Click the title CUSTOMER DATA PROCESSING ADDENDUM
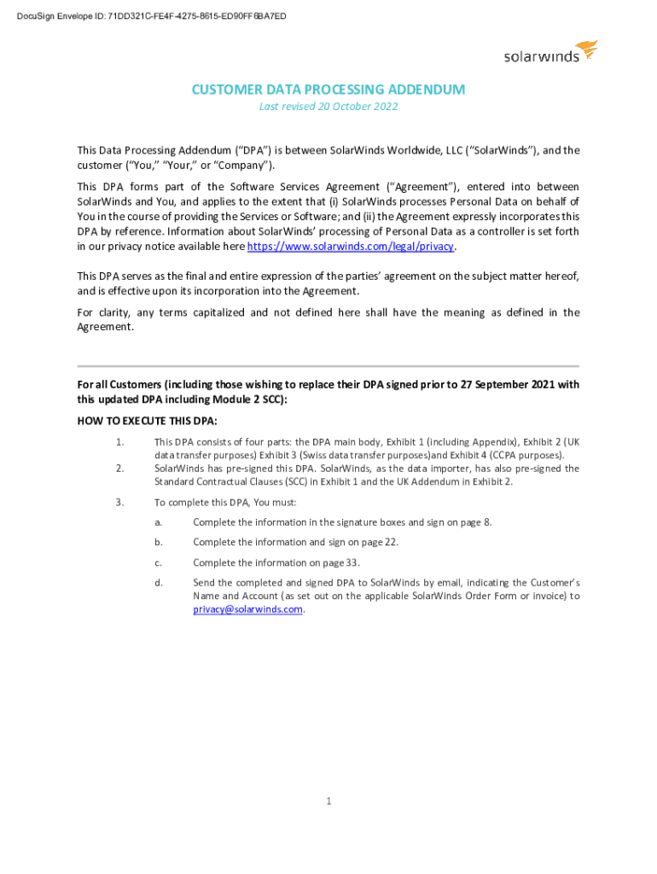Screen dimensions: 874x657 tap(328, 90)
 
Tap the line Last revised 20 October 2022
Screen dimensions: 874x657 tap(328, 107)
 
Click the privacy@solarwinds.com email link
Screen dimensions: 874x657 tap(247, 609)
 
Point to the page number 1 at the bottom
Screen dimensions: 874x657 tap(328, 801)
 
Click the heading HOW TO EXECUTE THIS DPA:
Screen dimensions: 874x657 tap(147, 422)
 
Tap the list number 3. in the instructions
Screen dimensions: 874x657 tap(120, 502)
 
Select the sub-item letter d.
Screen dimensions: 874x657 tap(159, 583)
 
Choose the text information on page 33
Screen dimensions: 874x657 tap(319, 562)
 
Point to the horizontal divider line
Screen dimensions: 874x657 tap(328, 366)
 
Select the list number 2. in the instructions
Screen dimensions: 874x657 tap(120, 468)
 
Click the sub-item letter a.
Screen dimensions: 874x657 tap(159, 521)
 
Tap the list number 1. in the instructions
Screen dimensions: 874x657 tap(120, 441)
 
